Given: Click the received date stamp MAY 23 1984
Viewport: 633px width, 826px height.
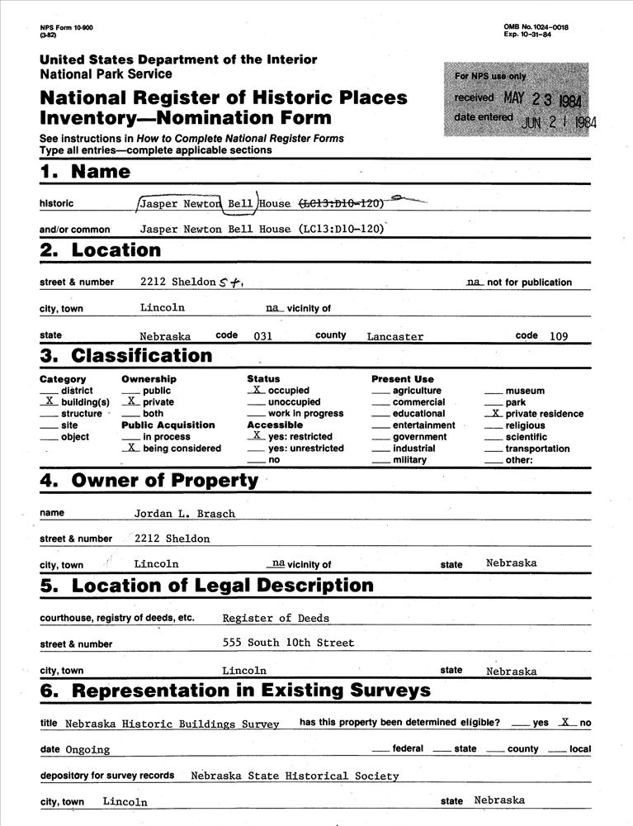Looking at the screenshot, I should coord(542,100).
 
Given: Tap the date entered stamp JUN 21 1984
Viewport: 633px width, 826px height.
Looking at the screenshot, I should coord(559,121).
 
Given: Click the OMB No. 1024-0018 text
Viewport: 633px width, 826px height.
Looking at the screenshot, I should coord(536,27).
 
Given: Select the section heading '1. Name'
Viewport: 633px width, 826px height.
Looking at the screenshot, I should coord(85,172).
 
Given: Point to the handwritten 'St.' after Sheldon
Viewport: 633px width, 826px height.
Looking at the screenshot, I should coord(230,282).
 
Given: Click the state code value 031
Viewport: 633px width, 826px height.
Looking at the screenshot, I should coord(263,336).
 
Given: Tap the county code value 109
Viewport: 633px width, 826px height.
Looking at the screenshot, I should coord(557,336).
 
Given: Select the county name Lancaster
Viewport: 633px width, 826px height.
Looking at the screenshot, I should coord(395,337).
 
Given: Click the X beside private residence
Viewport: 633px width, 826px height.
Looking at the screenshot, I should coord(493,413).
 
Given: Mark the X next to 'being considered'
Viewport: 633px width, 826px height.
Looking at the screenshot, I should coord(130,448).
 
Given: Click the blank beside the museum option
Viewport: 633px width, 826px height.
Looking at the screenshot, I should coord(493,391).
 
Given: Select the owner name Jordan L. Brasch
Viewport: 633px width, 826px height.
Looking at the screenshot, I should coord(185,514).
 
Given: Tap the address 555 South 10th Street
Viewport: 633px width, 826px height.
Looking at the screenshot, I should coord(288,643).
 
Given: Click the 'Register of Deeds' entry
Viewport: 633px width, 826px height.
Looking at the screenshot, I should coord(276,618).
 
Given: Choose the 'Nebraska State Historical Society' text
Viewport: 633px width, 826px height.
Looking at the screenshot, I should coord(295,776).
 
